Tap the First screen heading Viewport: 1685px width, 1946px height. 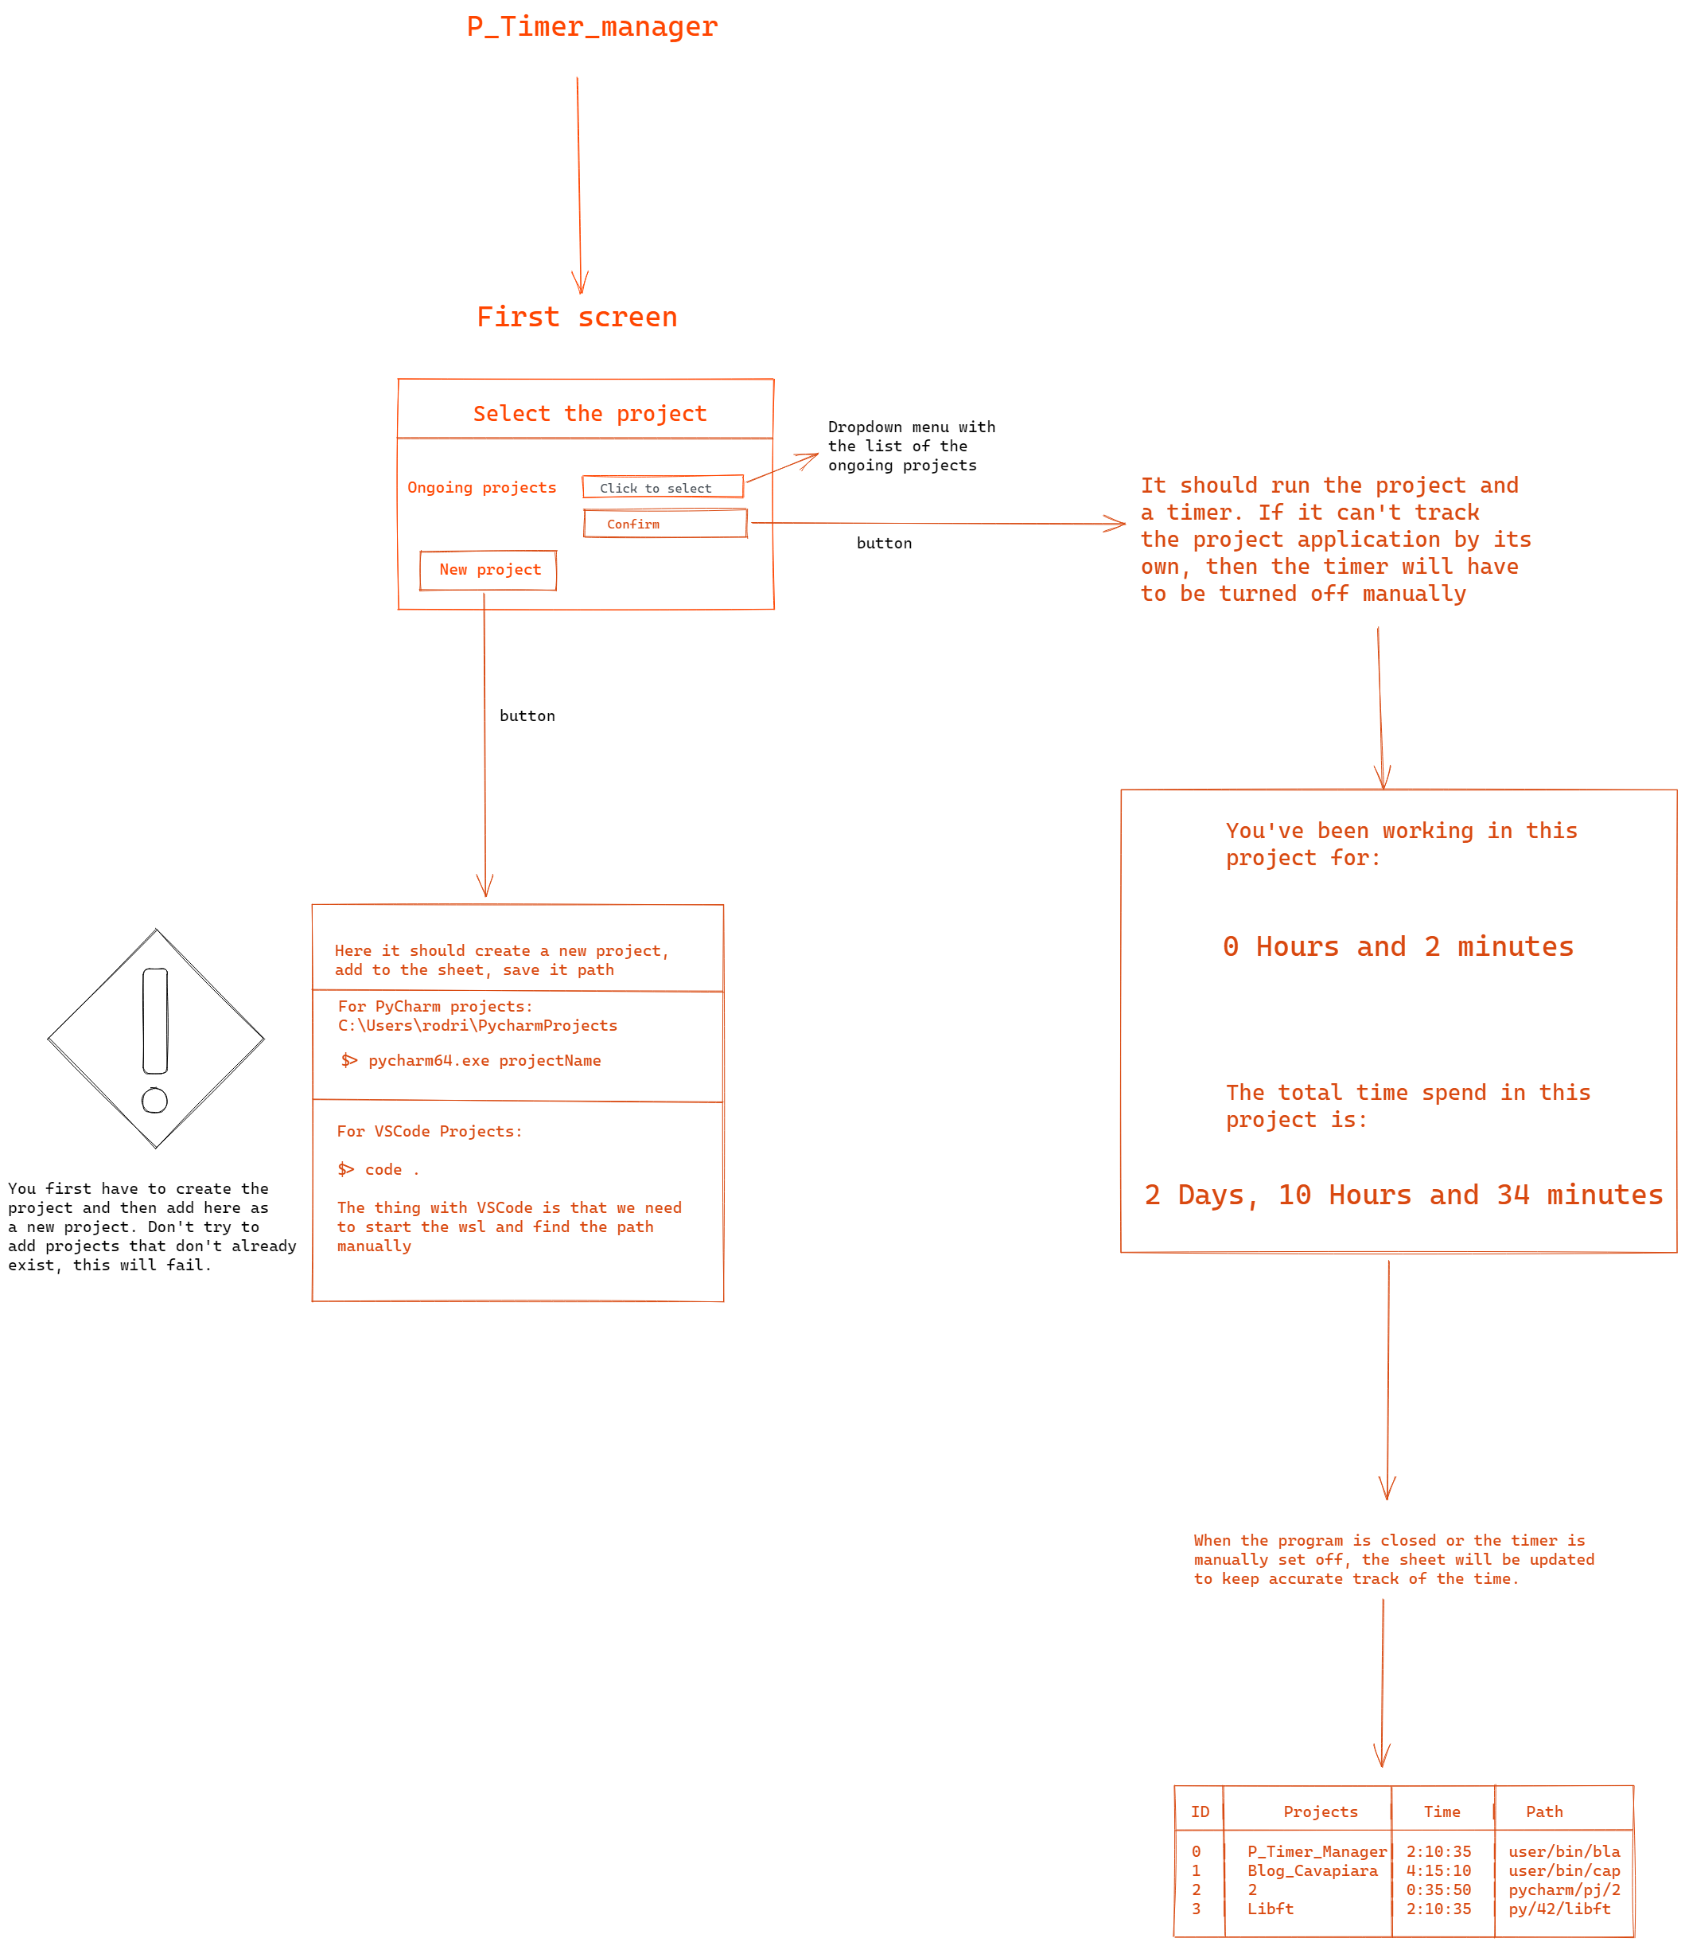pyautogui.click(x=577, y=317)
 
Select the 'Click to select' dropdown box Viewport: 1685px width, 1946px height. pyautogui.click(x=662, y=487)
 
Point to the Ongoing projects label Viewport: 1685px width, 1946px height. pyautogui.click(x=481, y=487)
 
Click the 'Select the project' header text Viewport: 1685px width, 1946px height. pyautogui.click(x=589, y=414)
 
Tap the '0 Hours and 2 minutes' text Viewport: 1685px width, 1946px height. pyautogui.click(x=1397, y=946)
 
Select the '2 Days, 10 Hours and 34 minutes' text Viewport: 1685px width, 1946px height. pyautogui.click(x=1403, y=1195)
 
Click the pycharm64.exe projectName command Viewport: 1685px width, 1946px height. pyautogui.click(x=484, y=1061)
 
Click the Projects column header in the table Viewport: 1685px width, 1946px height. pyautogui.click(x=1320, y=1811)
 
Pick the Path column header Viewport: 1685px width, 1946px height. pyautogui.click(x=1544, y=1811)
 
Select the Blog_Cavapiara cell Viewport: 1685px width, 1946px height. pyautogui.click(x=1312, y=1870)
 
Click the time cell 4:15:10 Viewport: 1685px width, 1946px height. pyautogui.click(x=1438, y=1870)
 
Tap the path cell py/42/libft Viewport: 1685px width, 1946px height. pyautogui.click(x=1559, y=1909)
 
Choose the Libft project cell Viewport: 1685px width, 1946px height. pyautogui.click(x=1271, y=1909)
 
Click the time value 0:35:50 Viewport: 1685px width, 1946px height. pyautogui.click(x=1438, y=1889)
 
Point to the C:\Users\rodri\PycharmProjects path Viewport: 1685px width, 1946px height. pyautogui.click(x=477, y=1025)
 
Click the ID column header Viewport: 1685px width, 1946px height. pyautogui.click(x=1200, y=1811)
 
